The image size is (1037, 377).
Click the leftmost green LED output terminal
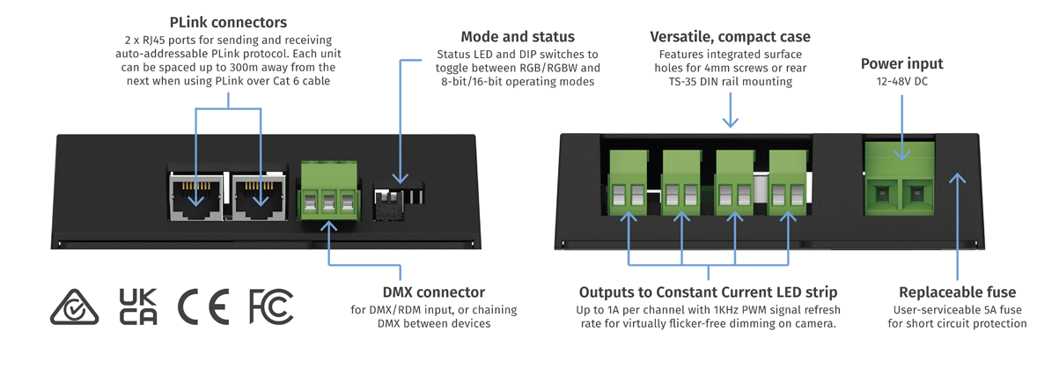pyautogui.click(x=629, y=181)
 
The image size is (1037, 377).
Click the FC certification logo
pyautogui.click(x=271, y=306)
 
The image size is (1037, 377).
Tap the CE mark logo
pyautogui.click(x=203, y=306)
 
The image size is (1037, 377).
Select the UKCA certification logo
pyautogui.click(x=139, y=306)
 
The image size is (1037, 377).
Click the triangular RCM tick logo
pyautogui.click(x=74, y=306)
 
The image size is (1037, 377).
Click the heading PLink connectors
pyautogui.click(x=228, y=22)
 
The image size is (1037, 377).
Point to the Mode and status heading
pyautogui.click(x=518, y=37)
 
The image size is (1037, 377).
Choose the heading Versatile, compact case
pyautogui.click(x=730, y=37)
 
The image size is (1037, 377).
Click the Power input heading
pyautogui.click(x=901, y=63)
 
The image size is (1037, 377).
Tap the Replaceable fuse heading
pyautogui.click(x=957, y=292)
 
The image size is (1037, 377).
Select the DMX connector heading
pyautogui.click(x=433, y=292)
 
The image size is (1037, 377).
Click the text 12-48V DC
pyautogui.click(x=901, y=82)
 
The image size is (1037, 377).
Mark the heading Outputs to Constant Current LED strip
pyautogui.click(x=708, y=292)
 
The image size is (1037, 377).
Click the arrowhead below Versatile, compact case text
pyautogui.click(x=730, y=123)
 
